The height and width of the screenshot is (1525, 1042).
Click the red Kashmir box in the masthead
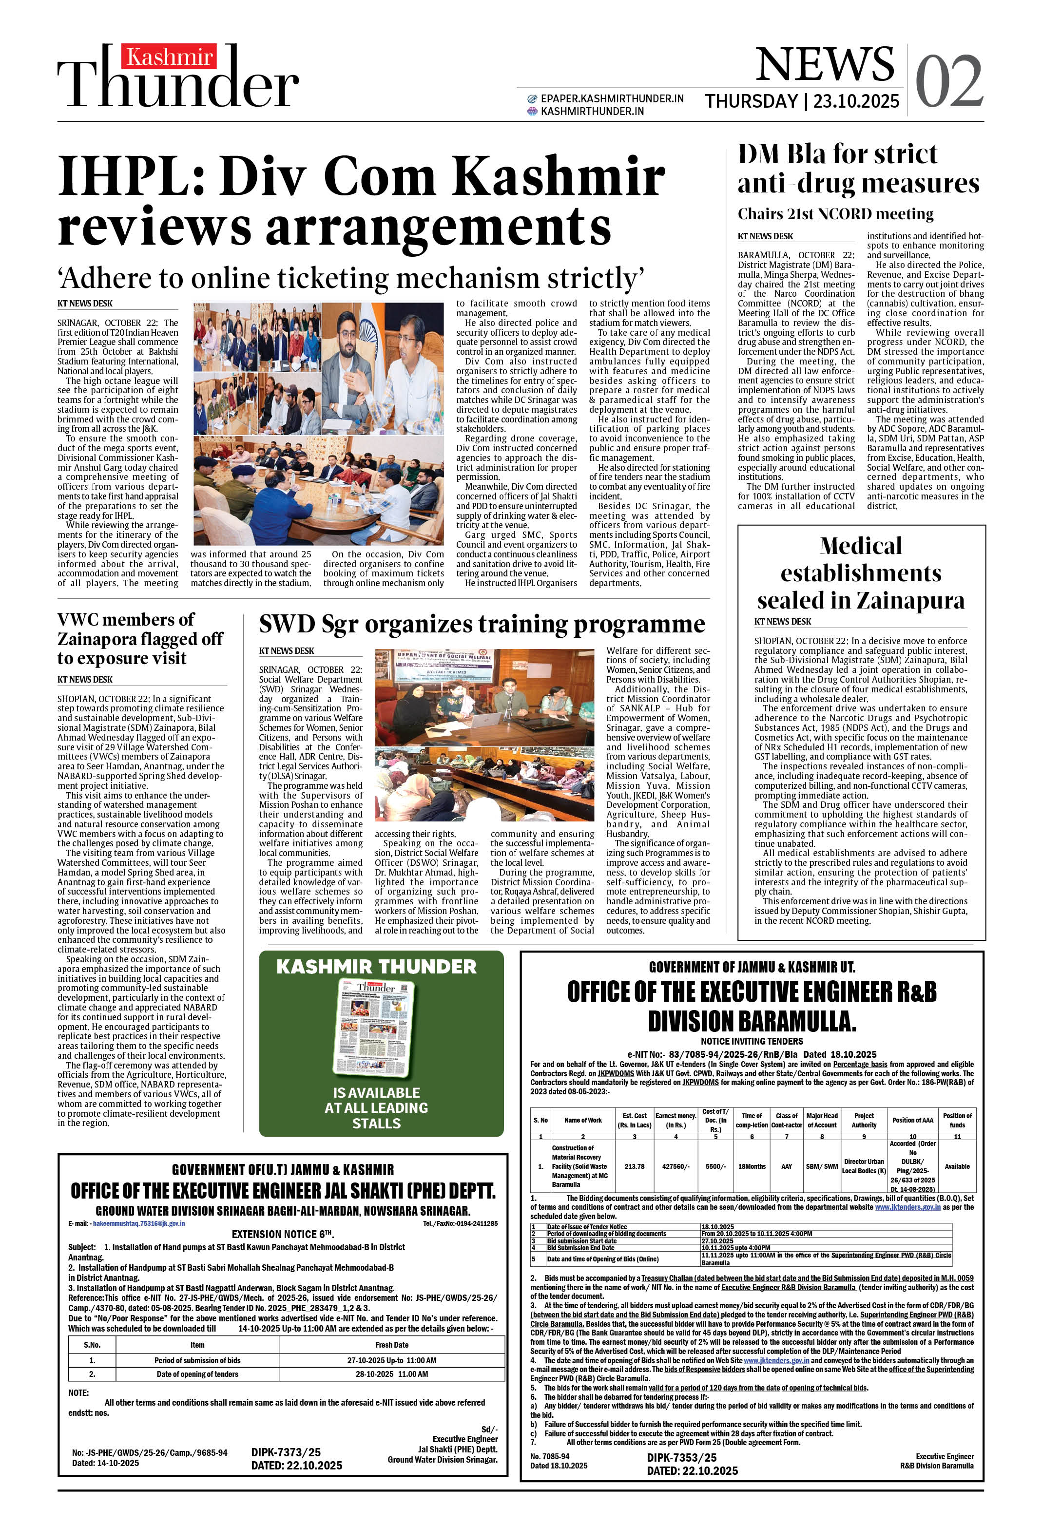(169, 58)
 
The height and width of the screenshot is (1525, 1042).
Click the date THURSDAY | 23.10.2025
(802, 101)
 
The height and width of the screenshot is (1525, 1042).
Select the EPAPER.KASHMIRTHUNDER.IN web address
(611, 98)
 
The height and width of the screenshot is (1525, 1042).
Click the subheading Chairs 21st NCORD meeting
(835, 214)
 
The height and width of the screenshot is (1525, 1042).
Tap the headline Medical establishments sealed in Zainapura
(861, 573)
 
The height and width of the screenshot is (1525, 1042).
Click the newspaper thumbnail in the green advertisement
(377, 1030)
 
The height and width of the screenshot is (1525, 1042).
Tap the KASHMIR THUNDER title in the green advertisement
(376, 967)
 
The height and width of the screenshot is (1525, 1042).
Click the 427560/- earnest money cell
(675, 1166)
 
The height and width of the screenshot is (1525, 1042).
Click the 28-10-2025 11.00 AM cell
(391, 1373)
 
